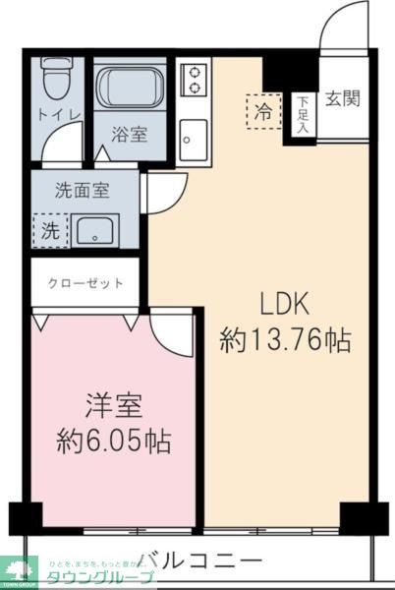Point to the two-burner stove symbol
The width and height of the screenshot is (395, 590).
(x=195, y=79)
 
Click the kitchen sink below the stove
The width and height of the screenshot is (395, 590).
(x=193, y=134)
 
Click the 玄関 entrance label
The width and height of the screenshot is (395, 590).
(x=342, y=98)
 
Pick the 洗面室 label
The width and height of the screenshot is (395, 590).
(x=82, y=192)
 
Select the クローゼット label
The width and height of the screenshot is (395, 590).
(x=85, y=283)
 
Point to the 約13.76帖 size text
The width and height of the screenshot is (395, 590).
(x=285, y=341)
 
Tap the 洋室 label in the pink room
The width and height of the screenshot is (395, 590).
(x=113, y=404)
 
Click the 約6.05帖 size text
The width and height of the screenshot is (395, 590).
(x=113, y=441)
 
